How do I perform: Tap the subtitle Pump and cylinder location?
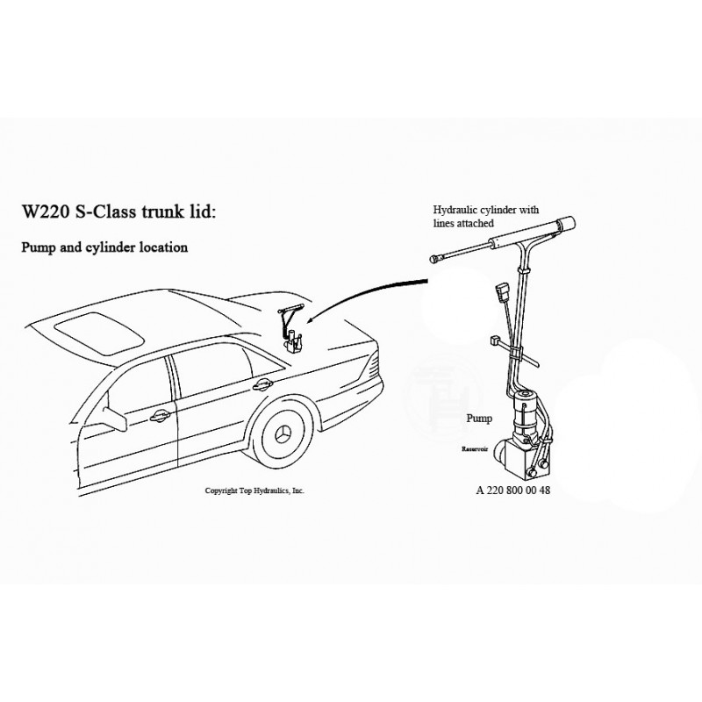coord(104,247)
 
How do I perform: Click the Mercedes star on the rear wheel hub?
coord(283,436)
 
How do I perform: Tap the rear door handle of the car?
coord(260,383)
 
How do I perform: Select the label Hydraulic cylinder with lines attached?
coord(486,217)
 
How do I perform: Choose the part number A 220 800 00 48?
coord(512,491)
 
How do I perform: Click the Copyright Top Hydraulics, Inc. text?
coord(254,491)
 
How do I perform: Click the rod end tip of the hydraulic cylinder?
coord(434,258)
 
